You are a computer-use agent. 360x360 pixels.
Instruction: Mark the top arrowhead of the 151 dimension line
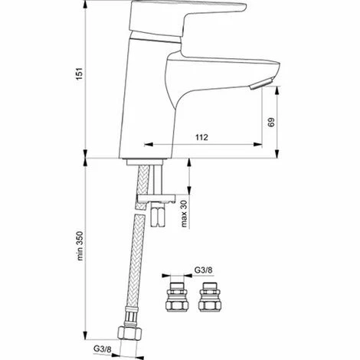point(80,3)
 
